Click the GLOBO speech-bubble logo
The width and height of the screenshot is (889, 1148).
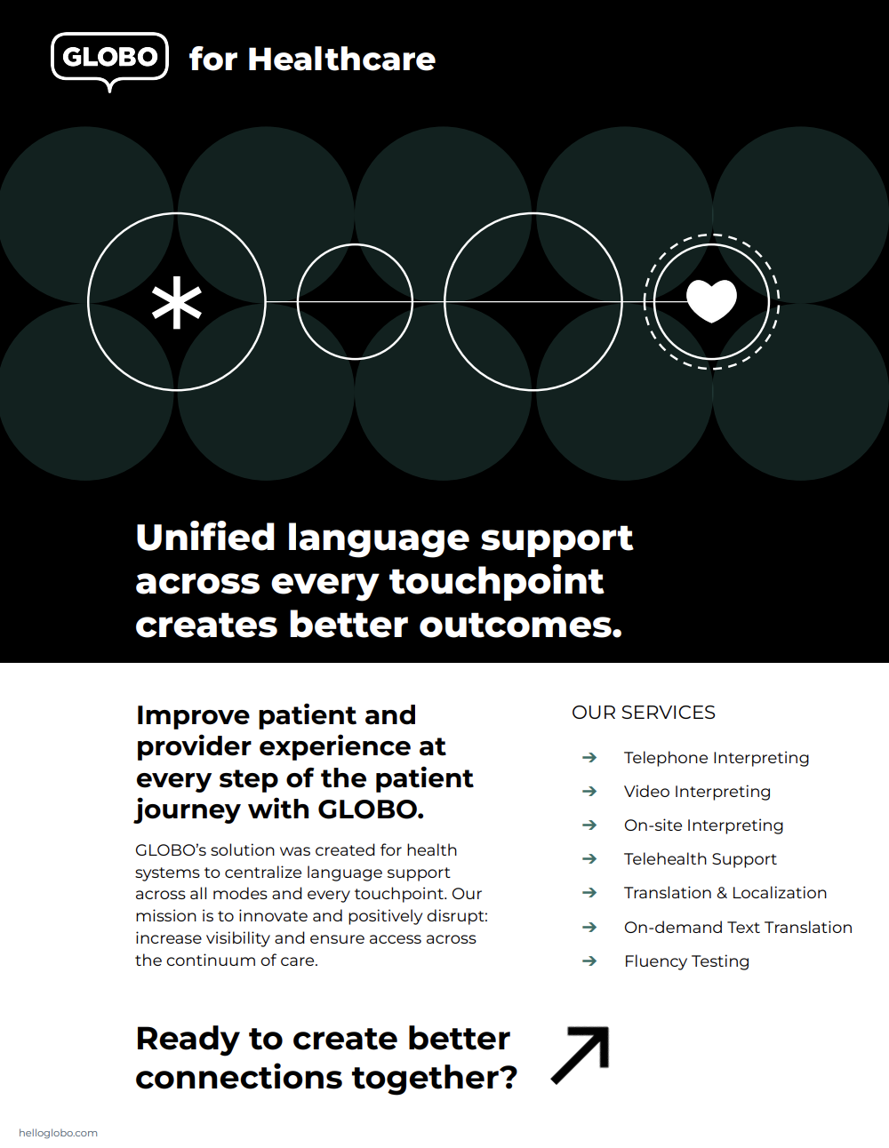pos(109,58)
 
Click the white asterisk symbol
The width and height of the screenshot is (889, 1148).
pos(177,302)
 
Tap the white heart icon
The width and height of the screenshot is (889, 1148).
pos(712,300)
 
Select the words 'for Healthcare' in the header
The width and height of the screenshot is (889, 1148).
pos(312,60)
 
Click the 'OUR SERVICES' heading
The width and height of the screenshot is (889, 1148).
pos(644,713)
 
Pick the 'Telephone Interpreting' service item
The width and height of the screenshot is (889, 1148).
pos(717,758)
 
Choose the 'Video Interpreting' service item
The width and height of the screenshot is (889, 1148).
pos(697,792)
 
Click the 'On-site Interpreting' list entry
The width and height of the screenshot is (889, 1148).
pos(703,825)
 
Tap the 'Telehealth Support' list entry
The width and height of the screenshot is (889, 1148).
pos(700,859)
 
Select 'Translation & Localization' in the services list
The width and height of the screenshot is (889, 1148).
pos(725,893)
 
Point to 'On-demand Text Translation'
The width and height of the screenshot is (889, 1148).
pos(738,928)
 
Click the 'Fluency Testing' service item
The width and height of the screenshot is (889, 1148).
pos(686,961)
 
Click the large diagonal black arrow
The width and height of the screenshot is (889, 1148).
pos(581,1055)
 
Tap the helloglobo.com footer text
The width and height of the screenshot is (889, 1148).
pos(58,1133)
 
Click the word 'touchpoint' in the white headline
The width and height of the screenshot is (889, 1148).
pos(496,581)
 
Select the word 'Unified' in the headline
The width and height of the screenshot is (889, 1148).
pos(205,538)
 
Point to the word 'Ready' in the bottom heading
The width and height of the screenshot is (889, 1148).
pos(187,1039)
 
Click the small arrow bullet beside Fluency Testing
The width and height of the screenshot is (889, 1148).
pos(589,961)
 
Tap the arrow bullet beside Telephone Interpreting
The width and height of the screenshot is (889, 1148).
pos(589,758)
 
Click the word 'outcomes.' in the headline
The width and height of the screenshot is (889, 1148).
pos(520,625)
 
